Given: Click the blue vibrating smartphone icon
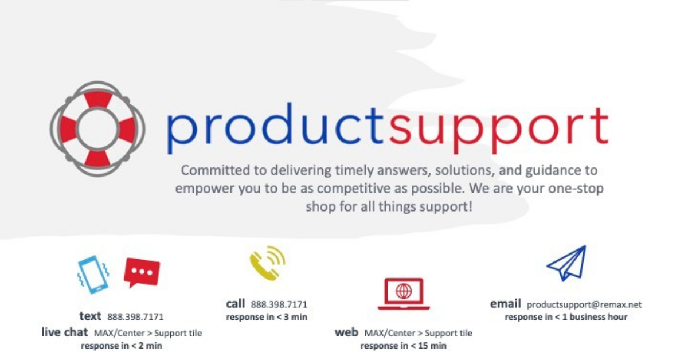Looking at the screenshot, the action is tap(93, 275).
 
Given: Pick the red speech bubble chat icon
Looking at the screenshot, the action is tap(142, 272).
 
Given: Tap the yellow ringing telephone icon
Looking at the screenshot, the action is tap(268, 263).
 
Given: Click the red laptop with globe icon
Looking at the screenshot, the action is tap(404, 294).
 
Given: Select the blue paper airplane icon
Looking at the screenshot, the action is tap(567, 263).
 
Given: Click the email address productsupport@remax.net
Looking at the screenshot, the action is tap(584, 305).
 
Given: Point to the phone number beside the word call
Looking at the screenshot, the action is tap(279, 304).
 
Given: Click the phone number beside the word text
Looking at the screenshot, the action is tap(135, 316).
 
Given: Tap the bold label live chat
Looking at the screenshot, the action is tap(64, 332).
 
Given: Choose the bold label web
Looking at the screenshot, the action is tap(346, 332).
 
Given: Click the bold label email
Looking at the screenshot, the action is tap(506, 304).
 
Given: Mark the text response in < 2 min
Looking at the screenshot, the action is tap(122, 346).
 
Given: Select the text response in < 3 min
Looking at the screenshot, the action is tap(267, 317).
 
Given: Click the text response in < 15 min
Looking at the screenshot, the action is tap(404, 346).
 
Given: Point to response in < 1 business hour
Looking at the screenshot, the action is tap(566, 317).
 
